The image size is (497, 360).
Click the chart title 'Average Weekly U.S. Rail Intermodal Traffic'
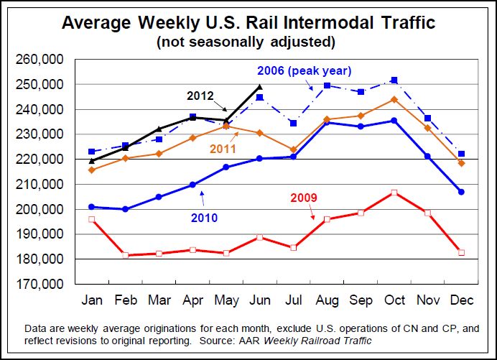249,22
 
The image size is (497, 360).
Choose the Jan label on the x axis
91,300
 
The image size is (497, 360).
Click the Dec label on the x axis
461,300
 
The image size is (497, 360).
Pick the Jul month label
292,300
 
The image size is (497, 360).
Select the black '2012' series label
201,95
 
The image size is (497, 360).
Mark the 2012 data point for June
259,87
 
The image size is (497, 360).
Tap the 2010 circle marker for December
461,192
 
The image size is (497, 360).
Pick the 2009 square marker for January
91,219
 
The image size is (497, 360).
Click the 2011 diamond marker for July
292,149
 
